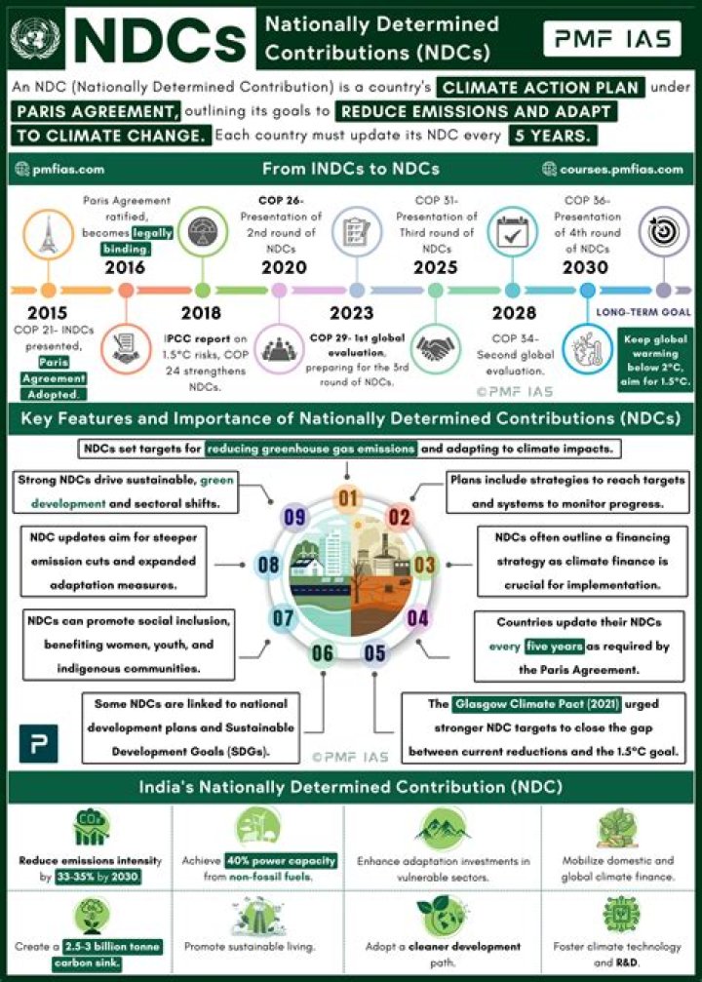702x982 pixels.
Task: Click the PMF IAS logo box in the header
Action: [612, 39]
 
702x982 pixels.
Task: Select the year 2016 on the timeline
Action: [125, 267]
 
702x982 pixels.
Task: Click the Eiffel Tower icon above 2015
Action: [48, 235]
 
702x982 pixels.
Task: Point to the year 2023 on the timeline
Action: [351, 312]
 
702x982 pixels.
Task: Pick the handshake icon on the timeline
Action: [437, 348]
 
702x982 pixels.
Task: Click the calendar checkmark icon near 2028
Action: [512, 231]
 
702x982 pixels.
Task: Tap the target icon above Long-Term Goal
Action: [664, 231]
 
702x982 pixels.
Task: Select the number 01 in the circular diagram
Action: [347, 499]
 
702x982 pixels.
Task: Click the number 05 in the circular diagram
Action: [374, 653]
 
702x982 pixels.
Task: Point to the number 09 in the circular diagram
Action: [295, 517]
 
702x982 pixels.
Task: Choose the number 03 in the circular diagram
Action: [424, 565]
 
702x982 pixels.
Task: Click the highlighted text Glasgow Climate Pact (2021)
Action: [536, 704]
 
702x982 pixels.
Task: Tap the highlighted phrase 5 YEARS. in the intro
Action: [552, 136]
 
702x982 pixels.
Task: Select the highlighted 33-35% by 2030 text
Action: [97, 877]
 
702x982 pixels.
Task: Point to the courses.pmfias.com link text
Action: [613, 169]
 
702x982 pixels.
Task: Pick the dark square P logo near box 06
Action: [38, 743]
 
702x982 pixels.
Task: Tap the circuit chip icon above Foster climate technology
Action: [621, 915]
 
